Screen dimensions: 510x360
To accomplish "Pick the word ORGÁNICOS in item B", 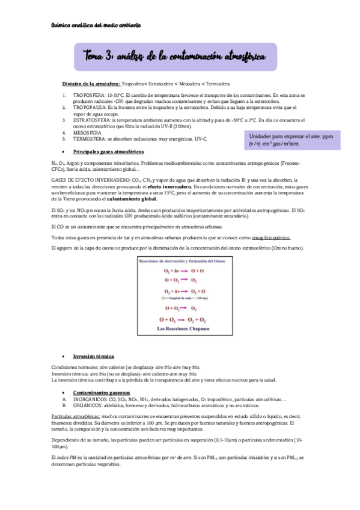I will (89, 404).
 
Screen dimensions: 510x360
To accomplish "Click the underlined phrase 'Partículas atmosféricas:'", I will (76, 416).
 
